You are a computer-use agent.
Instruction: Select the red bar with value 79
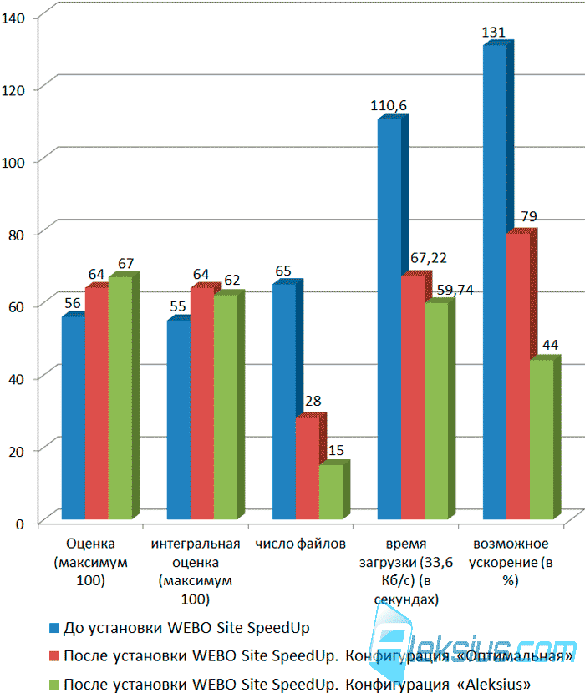click(x=518, y=376)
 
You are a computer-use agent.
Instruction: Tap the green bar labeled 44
click(x=542, y=439)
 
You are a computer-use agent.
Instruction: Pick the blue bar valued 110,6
click(x=389, y=318)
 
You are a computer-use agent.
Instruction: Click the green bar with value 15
click(x=331, y=492)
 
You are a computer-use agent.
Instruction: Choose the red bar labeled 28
click(x=308, y=468)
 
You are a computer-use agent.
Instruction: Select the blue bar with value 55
click(x=179, y=419)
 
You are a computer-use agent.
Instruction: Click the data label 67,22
click(x=429, y=258)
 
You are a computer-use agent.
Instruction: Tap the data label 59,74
click(x=455, y=290)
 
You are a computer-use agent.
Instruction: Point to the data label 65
click(x=283, y=271)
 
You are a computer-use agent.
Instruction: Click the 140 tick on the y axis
click(x=13, y=18)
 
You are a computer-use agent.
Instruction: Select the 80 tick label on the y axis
click(x=16, y=235)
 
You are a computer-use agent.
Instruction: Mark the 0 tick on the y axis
click(x=19, y=524)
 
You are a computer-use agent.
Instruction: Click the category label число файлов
click(x=301, y=544)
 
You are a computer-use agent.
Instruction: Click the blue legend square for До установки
click(x=54, y=628)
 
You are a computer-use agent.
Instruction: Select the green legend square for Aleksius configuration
click(x=54, y=685)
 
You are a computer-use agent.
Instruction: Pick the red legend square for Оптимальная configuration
click(x=54, y=656)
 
